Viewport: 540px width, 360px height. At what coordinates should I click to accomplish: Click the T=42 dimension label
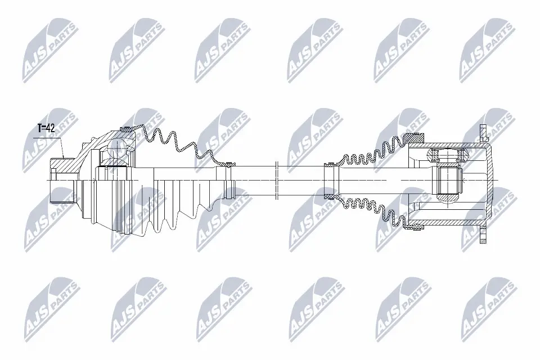click(x=47, y=128)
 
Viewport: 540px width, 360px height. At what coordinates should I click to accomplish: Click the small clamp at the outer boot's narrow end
click(x=228, y=165)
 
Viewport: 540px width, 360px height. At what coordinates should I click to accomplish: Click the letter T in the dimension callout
click(x=40, y=128)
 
